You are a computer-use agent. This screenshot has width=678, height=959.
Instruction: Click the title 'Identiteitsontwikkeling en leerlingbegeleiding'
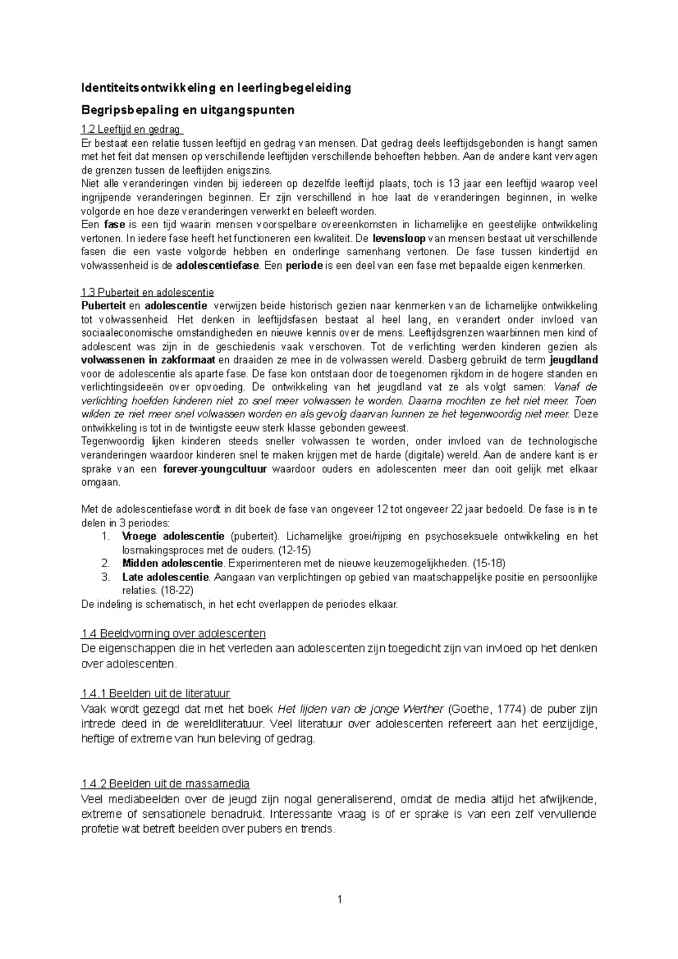click(x=216, y=88)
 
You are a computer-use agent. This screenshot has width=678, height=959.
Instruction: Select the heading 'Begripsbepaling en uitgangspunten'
click(x=188, y=110)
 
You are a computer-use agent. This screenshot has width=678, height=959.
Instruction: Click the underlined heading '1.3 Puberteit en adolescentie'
click(x=147, y=293)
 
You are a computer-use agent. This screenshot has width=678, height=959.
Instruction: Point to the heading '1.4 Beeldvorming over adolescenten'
click(x=173, y=634)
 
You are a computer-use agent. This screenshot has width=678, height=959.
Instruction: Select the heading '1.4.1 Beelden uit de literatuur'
click(x=155, y=694)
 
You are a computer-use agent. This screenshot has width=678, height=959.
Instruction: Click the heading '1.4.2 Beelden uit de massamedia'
click(x=166, y=784)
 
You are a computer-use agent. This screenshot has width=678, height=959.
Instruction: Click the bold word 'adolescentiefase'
click(x=218, y=265)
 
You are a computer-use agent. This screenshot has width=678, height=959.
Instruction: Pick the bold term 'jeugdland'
click(x=573, y=360)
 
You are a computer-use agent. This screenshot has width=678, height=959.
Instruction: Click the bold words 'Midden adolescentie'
click(x=173, y=564)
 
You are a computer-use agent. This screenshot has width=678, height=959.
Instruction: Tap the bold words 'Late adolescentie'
click(x=166, y=577)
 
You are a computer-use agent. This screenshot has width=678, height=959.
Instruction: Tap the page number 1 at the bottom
click(x=339, y=900)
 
